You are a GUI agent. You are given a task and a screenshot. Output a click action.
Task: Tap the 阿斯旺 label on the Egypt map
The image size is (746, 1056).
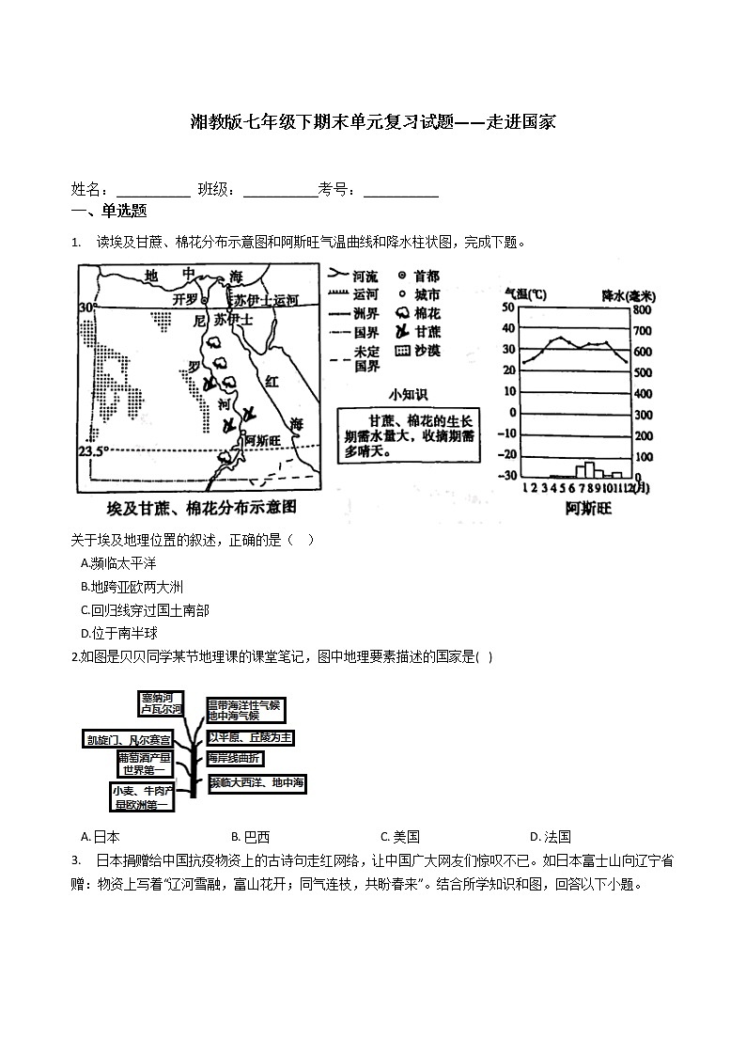point(263,438)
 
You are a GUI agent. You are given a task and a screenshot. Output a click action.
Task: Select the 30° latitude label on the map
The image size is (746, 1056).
point(87,308)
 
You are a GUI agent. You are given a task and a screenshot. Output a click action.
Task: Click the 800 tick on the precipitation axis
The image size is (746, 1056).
point(641,310)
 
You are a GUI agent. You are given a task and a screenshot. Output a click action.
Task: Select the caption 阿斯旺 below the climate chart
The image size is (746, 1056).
point(588,509)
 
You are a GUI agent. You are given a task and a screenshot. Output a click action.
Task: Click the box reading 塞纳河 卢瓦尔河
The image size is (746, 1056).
point(160,703)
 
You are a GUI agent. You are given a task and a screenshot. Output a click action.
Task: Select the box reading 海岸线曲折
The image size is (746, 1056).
point(235,758)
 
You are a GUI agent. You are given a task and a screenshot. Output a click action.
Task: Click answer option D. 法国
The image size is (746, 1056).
point(551,837)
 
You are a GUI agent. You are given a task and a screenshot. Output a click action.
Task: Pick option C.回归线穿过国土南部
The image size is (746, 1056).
point(145,610)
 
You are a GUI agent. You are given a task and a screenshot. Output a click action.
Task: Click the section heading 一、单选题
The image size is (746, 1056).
point(109,212)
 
